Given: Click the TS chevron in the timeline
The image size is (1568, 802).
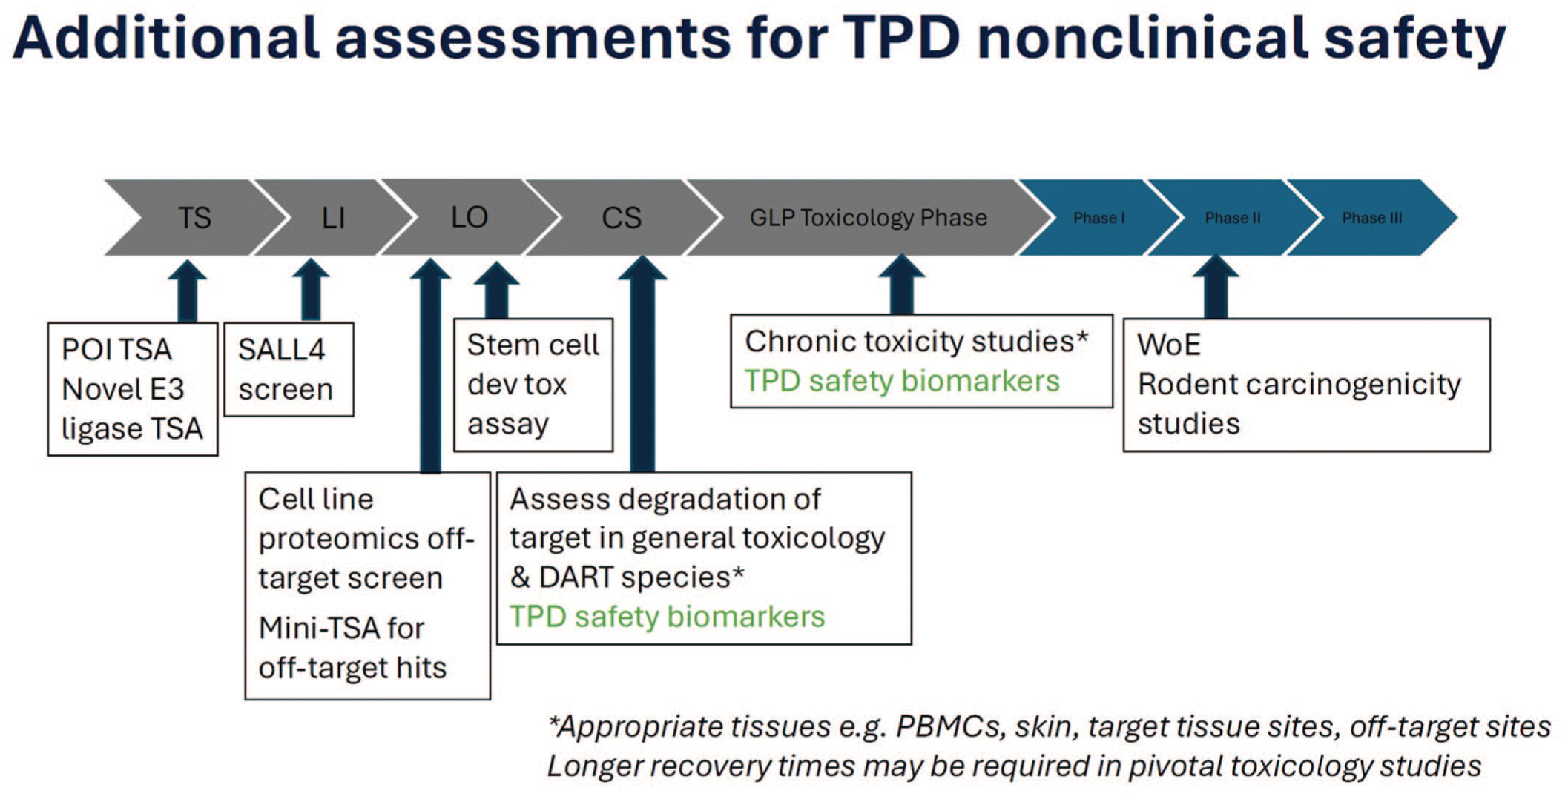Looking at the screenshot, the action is (x=194, y=217).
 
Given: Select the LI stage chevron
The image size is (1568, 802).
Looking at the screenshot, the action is (x=333, y=217).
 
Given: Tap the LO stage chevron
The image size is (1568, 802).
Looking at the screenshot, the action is (x=469, y=217).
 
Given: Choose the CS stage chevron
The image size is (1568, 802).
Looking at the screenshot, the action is (x=622, y=217).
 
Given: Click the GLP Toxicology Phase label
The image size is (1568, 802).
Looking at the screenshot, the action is (x=869, y=218).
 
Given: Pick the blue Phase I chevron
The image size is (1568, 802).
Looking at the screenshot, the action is (x=1098, y=218).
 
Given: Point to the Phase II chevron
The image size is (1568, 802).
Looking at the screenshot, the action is (x=1233, y=218).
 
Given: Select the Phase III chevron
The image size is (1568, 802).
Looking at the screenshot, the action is (x=1372, y=218).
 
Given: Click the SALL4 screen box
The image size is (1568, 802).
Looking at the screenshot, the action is (x=289, y=369).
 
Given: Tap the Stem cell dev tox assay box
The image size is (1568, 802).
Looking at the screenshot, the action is (x=533, y=385).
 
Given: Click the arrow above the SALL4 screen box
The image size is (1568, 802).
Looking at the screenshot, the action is (x=311, y=290).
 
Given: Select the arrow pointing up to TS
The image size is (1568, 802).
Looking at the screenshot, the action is (x=187, y=291).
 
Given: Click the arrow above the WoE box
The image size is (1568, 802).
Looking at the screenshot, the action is (x=1215, y=287).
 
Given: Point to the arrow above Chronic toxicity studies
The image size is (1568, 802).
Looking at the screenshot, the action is (x=901, y=284).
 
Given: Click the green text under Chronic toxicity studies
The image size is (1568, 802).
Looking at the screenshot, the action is (x=902, y=381).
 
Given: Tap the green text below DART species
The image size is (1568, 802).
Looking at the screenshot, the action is (x=667, y=617).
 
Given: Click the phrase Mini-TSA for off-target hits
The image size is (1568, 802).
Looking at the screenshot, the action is (x=352, y=648).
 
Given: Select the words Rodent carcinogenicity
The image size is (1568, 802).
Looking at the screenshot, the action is (x=1299, y=385).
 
